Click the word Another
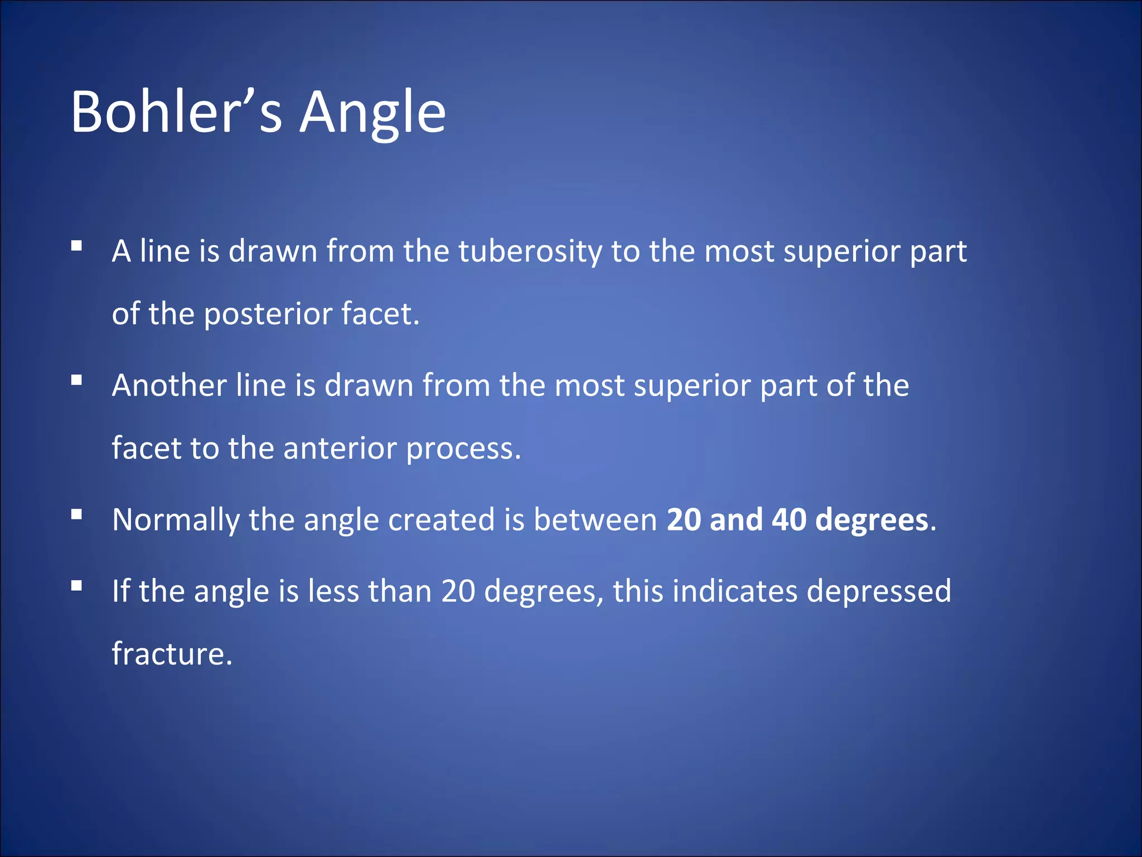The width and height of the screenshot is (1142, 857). click(x=169, y=386)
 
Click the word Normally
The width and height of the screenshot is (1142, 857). click(x=176, y=520)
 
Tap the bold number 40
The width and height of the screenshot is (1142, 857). click(x=789, y=519)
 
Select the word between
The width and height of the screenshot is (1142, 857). click(x=596, y=519)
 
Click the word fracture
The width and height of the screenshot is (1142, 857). click(x=171, y=653)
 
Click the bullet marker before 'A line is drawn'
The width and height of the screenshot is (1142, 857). click(x=77, y=245)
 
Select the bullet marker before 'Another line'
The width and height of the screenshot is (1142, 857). click(x=77, y=381)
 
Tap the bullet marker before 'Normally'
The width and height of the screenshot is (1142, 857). click(x=77, y=514)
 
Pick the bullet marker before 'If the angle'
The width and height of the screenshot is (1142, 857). click(x=77, y=586)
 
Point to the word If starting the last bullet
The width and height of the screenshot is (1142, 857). click(x=120, y=591)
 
